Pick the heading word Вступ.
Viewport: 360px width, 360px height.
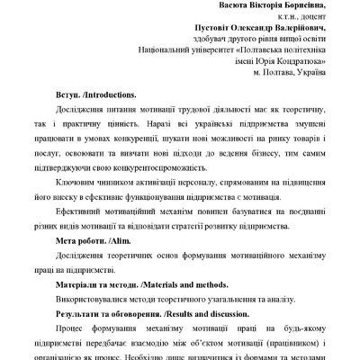[68, 94]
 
